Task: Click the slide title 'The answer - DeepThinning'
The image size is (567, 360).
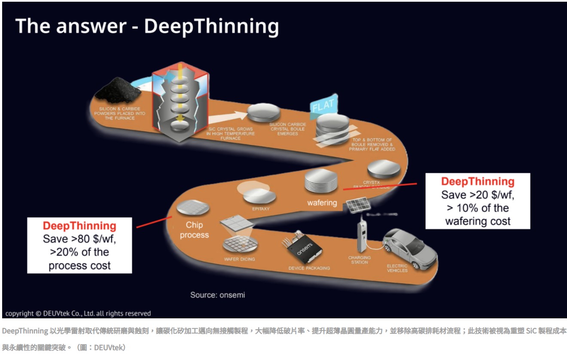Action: coord(147,27)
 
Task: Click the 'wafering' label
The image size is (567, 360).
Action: coord(322,202)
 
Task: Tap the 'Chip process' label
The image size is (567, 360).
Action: coord(194,230)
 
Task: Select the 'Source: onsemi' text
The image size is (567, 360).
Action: coord(217,295)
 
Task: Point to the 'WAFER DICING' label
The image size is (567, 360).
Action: coord(239,259)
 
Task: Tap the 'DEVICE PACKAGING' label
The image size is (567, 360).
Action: coord(309,268)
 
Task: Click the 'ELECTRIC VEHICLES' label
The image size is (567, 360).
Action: coord(397,268)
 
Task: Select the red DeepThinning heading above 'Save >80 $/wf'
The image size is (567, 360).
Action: coord(79,226)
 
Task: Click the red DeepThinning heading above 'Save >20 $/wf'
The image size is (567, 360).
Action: coord(478,181)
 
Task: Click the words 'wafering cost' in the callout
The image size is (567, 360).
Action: coord(478,221)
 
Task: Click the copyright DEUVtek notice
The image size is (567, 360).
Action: coord(78,313)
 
